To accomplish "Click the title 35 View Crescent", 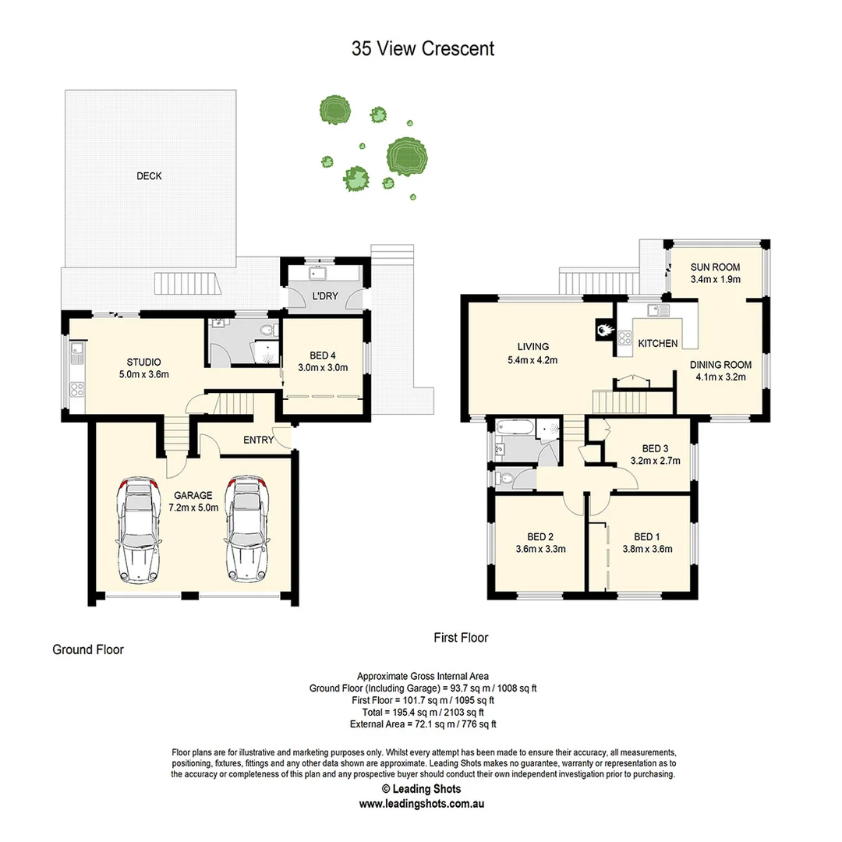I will pyautogui.click(x=423, y=48).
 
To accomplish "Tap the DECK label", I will pyautogui.click(x=149, y=176).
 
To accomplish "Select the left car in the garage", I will pyautogui.click(x=138, y=531).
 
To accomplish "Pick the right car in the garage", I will pyautogui.click(x=247, y=529).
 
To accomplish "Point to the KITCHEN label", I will pyautogui.click(x=658, y=343).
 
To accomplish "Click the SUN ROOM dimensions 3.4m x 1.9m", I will pyautogui.click(x=715, y=279).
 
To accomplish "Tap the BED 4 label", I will pyautogui.click(x=323, y=355).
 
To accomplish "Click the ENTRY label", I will pyautogui.click(x=259, y=440).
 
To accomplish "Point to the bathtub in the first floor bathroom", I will pyautogui.click(x=515, y=428).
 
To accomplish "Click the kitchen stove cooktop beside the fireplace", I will pyautogui.click(x=624, y=338).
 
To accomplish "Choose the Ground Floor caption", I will pyautogui.click(x=88, y=649).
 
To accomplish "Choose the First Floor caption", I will pyautogui.click(x=461, y=638).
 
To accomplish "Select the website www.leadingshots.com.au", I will pyautogui.click(x=423, y=804).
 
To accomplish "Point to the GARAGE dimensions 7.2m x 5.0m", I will pyautogui.click(x=193, y=508).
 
